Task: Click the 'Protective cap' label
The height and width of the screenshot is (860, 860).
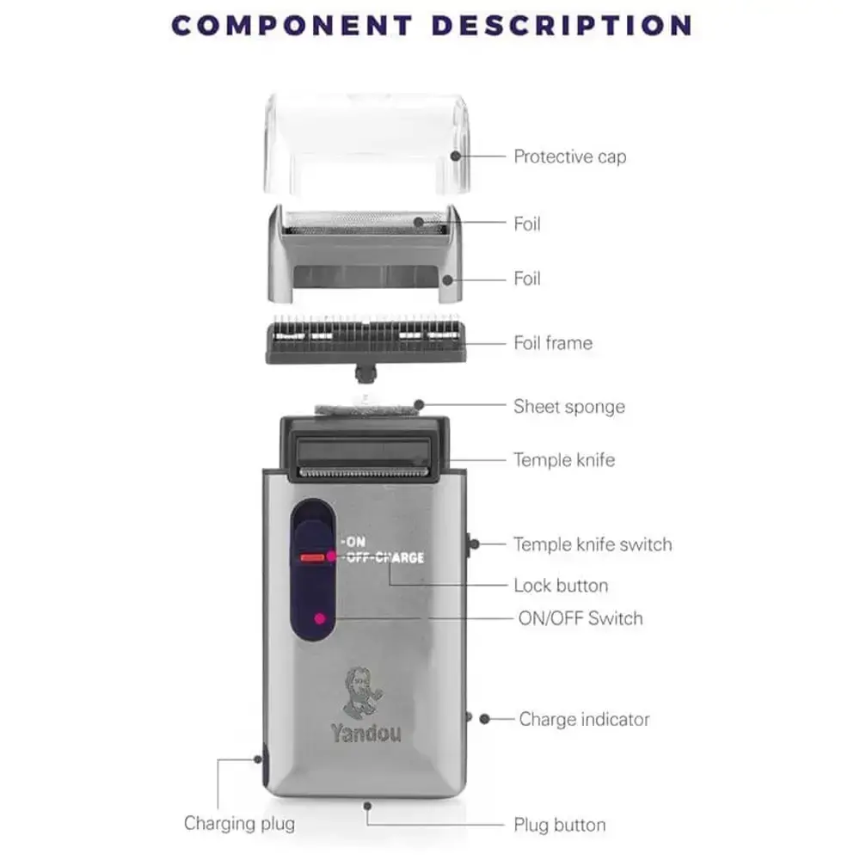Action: (x=570, y=157)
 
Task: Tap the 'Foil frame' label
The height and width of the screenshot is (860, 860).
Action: (x=553, y=343)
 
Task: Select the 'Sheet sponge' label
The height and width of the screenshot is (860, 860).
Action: (x=569, y=407)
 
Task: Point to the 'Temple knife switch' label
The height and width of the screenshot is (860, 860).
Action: (x=593, y=544)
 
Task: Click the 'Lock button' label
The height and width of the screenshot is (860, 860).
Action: (x=561, y=586)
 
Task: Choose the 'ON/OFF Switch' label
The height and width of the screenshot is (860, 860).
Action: (x=580, y=618)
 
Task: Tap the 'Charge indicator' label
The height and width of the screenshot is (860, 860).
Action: (x=584, y=719)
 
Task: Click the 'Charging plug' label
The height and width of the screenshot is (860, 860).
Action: (x=239, y=824)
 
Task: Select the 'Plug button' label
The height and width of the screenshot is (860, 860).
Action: (x=560, y=825)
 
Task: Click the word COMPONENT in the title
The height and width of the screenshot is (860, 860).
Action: (x=292, y=26)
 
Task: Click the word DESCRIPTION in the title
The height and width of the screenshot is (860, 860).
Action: (x=562, y=26)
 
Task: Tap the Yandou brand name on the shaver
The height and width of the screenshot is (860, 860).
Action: (x=365, y=733)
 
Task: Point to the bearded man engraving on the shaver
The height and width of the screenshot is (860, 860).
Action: (x=362, y=692)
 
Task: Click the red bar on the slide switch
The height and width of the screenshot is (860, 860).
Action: (x=312, y=558)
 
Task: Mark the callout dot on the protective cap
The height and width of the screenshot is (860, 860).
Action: (x=455, y=157)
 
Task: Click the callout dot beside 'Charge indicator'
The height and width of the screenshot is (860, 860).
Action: (x=484, y=718)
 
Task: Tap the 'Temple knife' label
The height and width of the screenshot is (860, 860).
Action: (x=564, y=460)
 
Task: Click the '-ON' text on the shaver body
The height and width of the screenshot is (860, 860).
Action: (x=353, y=542)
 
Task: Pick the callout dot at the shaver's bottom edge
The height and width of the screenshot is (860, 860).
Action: (x=367, y=806)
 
